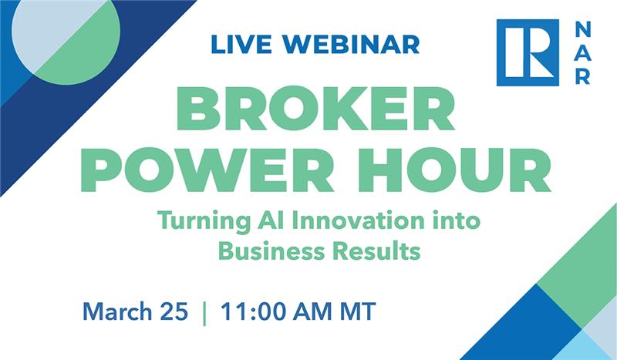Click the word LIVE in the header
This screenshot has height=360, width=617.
(x=236, y=44)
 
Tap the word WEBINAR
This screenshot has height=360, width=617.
(x=342, y=44)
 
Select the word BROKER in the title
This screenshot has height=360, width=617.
(x=315, y=111)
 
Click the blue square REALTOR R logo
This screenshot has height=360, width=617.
(x=528, y=52)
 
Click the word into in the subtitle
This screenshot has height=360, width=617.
(x=457, y=221)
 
